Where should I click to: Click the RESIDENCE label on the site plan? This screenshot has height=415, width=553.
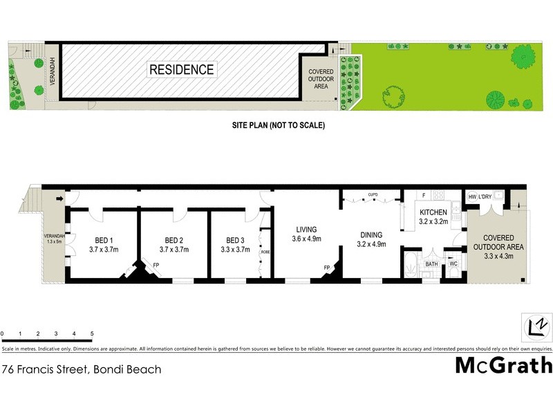pos(182,69)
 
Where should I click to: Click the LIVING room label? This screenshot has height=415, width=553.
pos(306,230)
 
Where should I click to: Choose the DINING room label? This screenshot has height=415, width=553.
pos(371,234)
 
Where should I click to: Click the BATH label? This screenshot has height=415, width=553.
pos(431,264)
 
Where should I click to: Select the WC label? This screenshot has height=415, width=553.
pos(454,264)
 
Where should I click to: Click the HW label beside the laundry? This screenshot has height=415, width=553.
pos(473,197)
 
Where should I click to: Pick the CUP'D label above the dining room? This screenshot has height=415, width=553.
pos(373,194)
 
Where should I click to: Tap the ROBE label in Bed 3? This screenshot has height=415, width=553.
pos(265,252)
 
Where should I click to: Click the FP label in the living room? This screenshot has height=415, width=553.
pos(326,267)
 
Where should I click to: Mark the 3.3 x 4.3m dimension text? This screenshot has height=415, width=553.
pos(503,257)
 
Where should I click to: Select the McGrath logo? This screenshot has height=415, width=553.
pos(503,365)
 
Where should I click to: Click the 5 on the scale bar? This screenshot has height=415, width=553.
pos(92,334)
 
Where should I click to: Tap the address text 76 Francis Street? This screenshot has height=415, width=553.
pos(82,369)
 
